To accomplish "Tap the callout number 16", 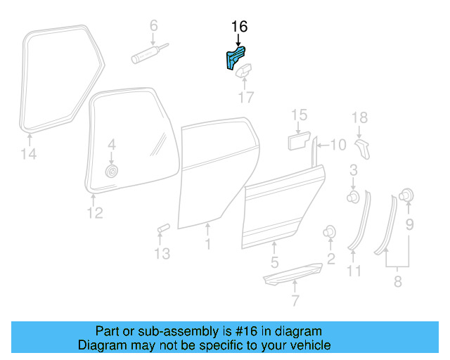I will click(x=239, y=27).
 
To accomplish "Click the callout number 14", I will click(x=28, y=154).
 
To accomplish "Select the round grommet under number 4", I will click(x=110, y=171).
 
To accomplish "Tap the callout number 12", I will click(x=94, y=212).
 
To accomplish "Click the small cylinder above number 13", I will click(x=163, y=229).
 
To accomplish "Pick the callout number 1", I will click(x=207, y=244).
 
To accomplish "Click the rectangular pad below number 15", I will click(x=298, y=141).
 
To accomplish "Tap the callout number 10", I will click(x=337, y=145).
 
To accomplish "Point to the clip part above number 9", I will click(x=406, y=195).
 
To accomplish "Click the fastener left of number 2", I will click(x=328, y=232).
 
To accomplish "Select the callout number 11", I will click(x=354, y=271).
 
